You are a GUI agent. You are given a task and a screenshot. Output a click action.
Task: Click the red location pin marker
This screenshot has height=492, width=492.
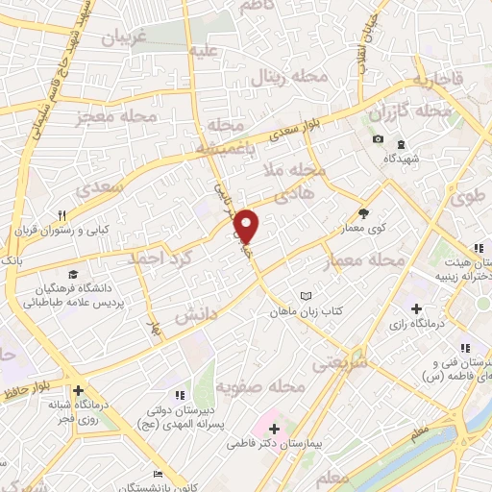pos(247,227)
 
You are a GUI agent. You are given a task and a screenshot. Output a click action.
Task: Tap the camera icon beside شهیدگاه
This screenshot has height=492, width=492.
pos(377,140)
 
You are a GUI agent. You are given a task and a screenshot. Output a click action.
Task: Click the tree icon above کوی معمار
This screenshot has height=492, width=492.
pos(362,214)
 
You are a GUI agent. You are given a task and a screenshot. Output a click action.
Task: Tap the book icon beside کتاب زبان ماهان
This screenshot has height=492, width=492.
pos(306,296)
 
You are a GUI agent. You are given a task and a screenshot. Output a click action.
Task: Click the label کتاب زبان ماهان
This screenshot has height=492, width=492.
pos(305,312)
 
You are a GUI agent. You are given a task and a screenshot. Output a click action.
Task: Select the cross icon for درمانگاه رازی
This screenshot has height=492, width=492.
pos(415,308)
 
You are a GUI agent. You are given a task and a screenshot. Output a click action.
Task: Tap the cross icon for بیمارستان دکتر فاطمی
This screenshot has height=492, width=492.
pos(273,429)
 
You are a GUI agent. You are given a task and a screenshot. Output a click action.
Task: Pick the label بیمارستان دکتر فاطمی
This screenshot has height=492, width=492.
pos(272,445)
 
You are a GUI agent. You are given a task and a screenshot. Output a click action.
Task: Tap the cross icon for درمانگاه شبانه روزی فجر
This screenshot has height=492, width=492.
pos(80,391)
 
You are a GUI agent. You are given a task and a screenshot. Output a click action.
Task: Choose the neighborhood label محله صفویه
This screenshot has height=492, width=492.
pos(258,386)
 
